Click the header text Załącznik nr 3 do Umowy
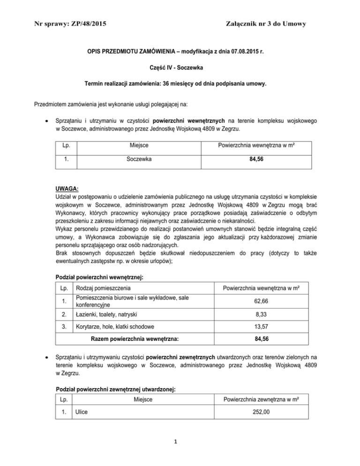pyautogui.click(x=265, y=23)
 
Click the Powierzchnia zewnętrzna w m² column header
pyautogui.click(x=256, y=399)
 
